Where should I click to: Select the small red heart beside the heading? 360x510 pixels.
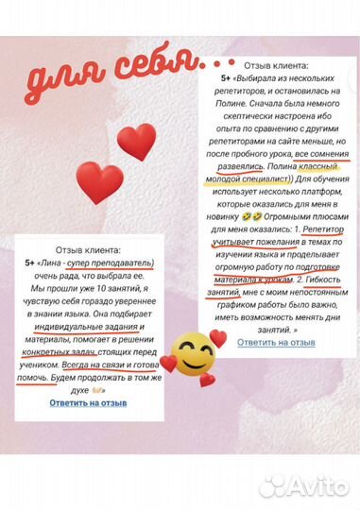[135, 142]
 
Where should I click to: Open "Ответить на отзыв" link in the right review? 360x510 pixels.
[276, 342]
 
